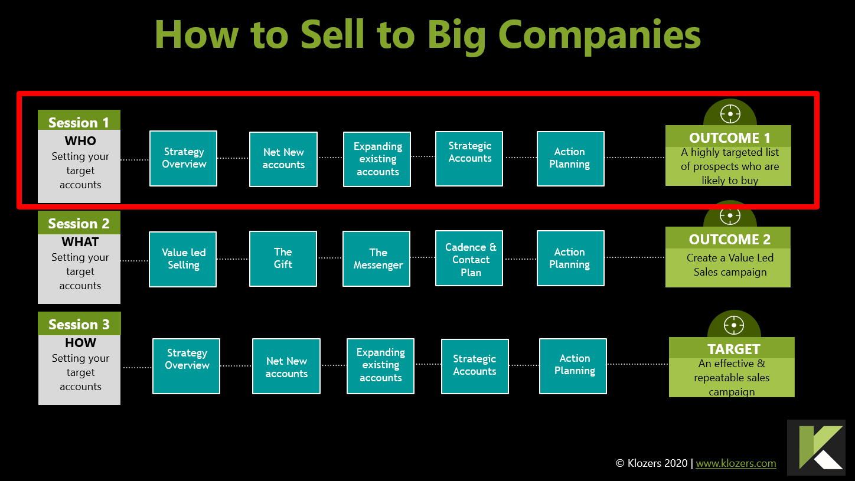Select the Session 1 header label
pyautogui.click(x=79, y=122)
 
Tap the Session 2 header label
pyautogui.click(x=79, y=224)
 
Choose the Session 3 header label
pyautogui.click(x=79, y=325)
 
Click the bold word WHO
pyautogui.click(x=80, y=141)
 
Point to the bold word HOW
pyautogui.click(x=80, y=343)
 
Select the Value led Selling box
pyautogui.click(x=183, y=259)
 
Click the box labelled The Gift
pyautogui.click(x=283, y=259)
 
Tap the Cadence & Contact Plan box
pyautogui.click(x=470, y=259)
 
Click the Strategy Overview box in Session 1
pyautogui.click(x=184, y=158)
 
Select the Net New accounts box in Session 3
pyautogui.click(x=286, y=367)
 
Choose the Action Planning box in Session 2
pyautogui.click(x=570, y=259)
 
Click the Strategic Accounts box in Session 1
pyautogui.click(x=469, y=158)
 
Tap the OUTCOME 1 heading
pyautogui.click(x=729, y=138)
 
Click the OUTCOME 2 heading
pyautogui.click(x=729, y=239)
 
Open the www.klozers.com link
pyautogui.click(x=736, y=463)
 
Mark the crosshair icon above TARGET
pyautogui.click(x=734, y=325)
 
